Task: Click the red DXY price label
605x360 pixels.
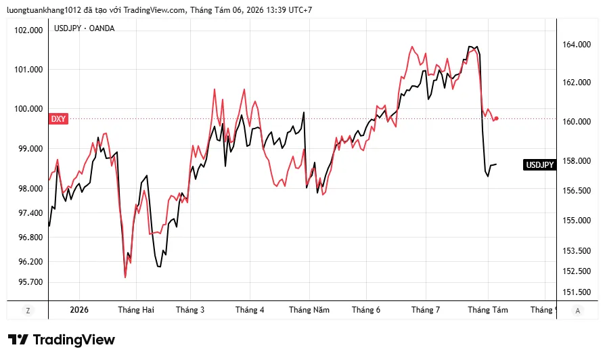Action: [x=58, y=119]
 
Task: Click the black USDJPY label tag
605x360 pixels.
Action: [x=540, y=164]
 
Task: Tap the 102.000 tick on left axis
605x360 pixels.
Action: [x=28, y=30]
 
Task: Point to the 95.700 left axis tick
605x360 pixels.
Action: [x=30, y=282]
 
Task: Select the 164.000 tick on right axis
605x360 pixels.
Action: [x=577, y=45]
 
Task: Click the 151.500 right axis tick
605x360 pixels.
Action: [x=577, y=292]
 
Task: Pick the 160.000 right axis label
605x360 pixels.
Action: [x=577, y=122]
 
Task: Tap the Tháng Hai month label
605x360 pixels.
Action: [x=136, y=310]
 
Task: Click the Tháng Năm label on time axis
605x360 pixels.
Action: [x=309, y=310]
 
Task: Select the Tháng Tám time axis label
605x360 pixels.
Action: [x=488, y=310]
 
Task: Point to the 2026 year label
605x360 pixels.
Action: [x=79, y=310]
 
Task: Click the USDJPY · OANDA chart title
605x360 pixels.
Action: [x=84, y=28]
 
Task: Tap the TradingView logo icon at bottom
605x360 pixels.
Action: [x=18, y=340]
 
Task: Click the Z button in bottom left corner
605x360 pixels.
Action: [x=28, y=310]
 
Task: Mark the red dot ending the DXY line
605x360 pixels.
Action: [x=496, y=118]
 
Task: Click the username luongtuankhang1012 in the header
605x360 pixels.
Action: [x=44, y=10]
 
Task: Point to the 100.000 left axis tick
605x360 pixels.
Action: [x=28, y=109]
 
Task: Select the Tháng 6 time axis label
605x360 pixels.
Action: [x=366, y=310]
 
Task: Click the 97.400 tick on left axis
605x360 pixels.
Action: [x=30, y=213]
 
